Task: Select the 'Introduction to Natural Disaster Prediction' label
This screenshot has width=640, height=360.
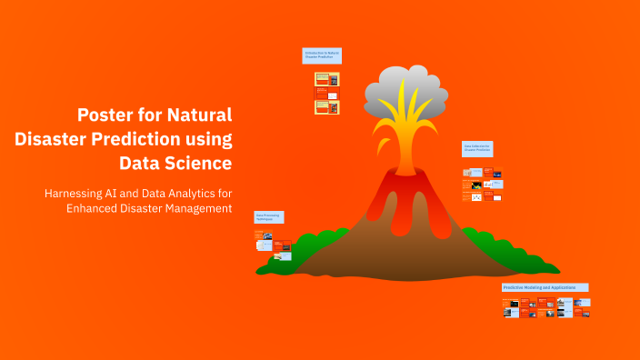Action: (x=322, y=56)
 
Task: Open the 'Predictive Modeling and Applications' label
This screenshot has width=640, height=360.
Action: (x=545, y=287)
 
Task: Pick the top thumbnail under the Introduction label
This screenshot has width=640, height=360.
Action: (x=327, y=79)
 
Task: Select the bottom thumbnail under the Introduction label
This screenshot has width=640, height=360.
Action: (x=327, y=107)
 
